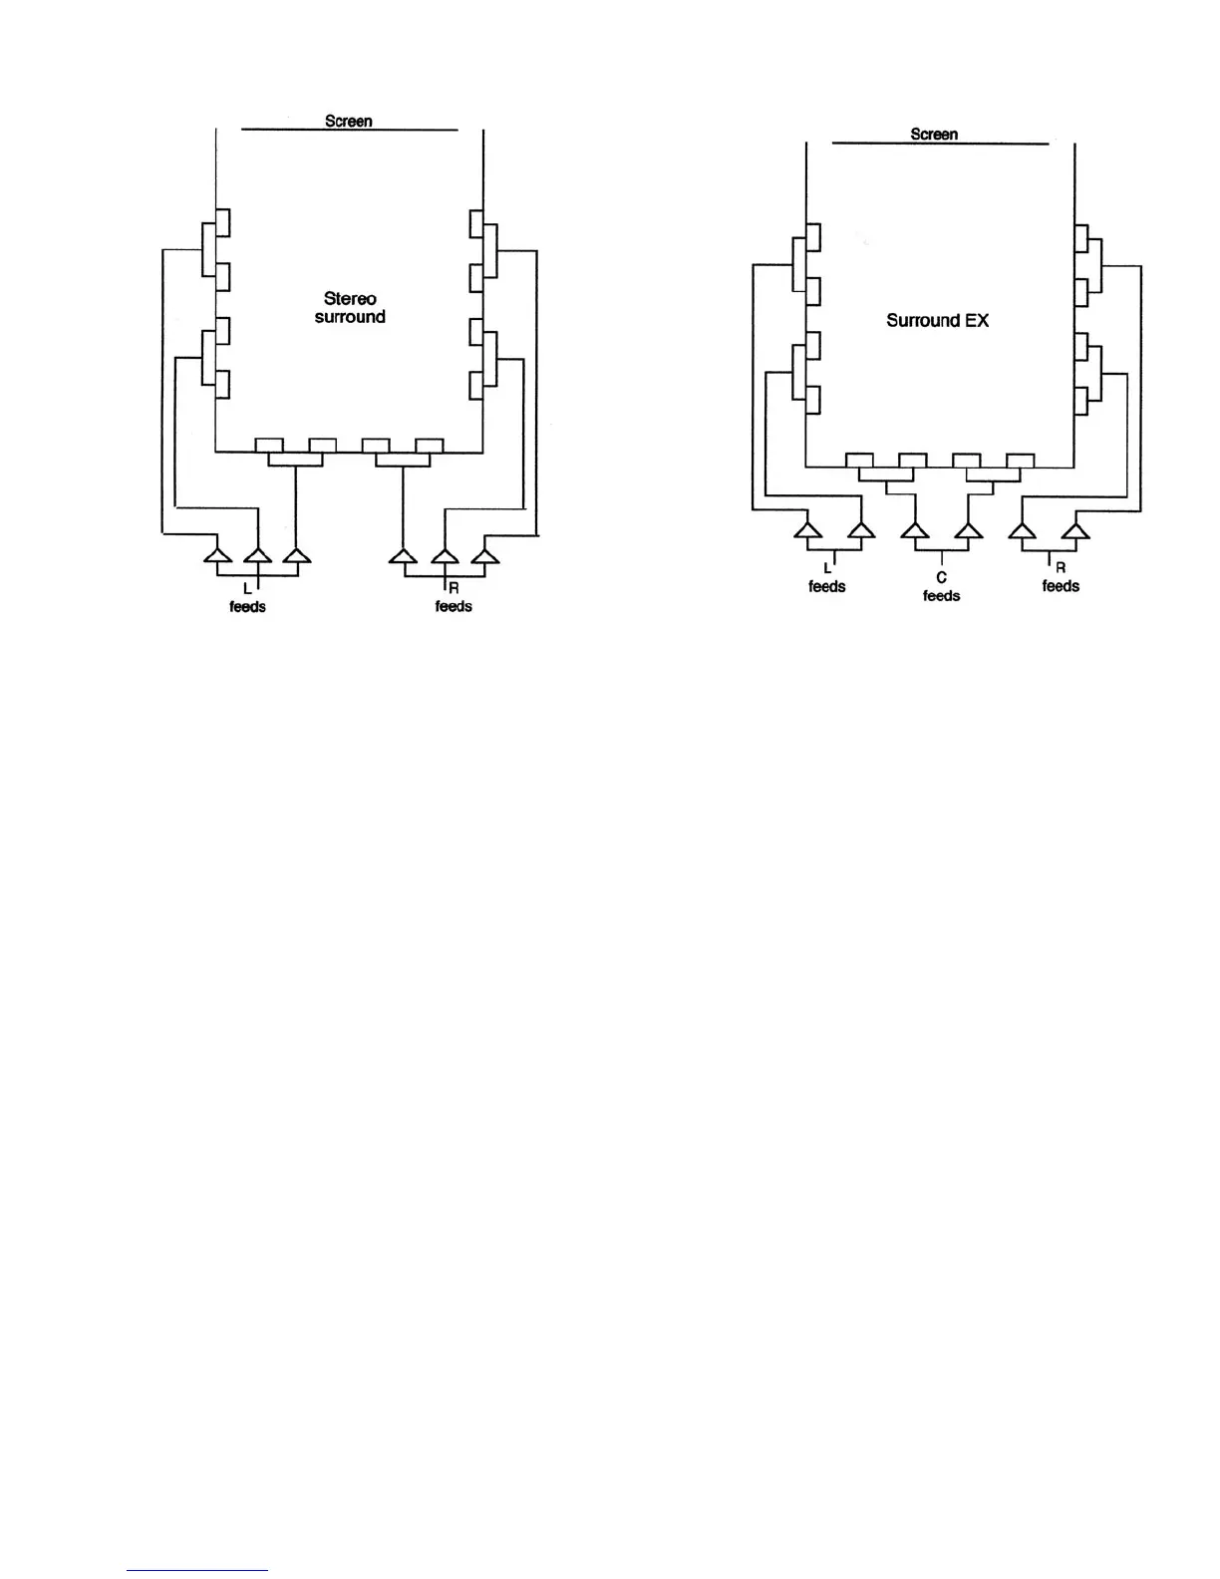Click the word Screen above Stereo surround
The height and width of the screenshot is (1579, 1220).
[x=348, y=121]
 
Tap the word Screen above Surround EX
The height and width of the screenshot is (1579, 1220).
[x=934, y=134]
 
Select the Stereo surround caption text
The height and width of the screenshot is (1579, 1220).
[x=350, y=307]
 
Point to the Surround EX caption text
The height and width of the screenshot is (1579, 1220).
[x=937, y=320]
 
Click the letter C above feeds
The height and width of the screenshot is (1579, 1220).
[x=941, y=577]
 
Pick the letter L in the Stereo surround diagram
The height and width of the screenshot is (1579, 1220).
[x=247, y=588]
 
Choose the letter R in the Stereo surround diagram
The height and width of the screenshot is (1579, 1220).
[x=454, y=588]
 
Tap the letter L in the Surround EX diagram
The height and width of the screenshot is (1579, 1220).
[x=826, y=568]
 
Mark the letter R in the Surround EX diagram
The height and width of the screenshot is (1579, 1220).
[x=1061, y=568]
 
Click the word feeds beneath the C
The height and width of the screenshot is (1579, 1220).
[x=941, y=595]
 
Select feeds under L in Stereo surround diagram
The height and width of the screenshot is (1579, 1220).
[x=247, y=606]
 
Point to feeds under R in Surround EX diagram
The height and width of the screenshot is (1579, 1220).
[x=1061, y=586]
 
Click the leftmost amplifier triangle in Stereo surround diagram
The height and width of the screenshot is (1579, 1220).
[x=217, y=554]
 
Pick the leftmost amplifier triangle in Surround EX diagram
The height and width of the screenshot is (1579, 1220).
[x=807, y=529]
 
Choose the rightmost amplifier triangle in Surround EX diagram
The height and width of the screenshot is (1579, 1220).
[x=1075, y=529]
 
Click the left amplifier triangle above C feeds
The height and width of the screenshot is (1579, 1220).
[x=915, y=529]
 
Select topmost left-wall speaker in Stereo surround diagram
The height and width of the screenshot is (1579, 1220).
[x=223, y=222]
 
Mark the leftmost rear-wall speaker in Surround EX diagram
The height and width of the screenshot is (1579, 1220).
[x=859, y=460]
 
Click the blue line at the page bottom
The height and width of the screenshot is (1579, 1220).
[x=197, y=1570]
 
